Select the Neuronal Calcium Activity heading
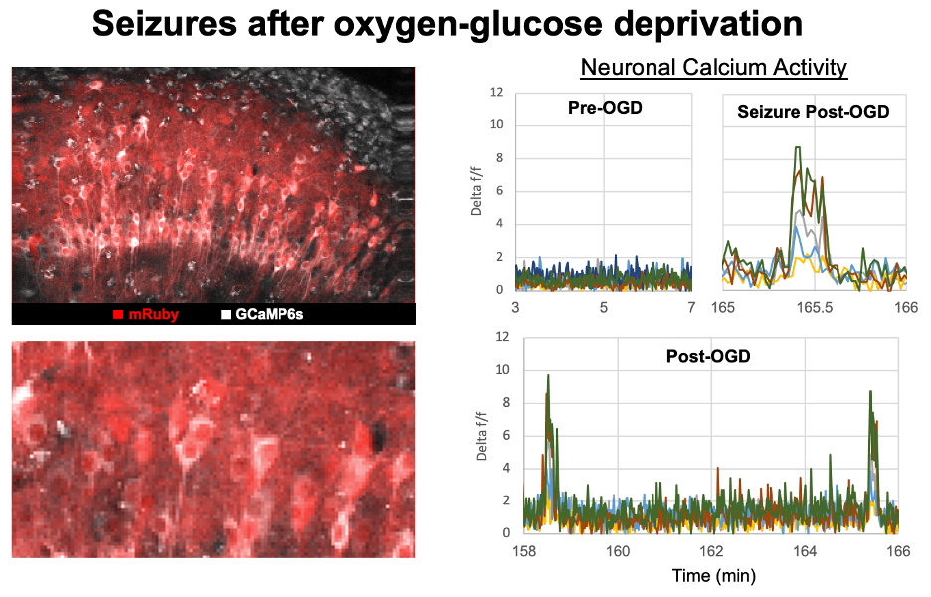(713, 68)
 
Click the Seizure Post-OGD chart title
(813, 112)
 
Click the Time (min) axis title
(712, 575)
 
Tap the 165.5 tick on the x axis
(814, 308)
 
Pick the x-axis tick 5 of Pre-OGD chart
(604, 308)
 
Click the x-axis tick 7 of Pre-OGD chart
(691, 308)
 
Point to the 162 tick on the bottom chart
(711, 550)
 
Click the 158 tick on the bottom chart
(524, 550)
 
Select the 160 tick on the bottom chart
(618, 550)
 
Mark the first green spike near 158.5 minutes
(547, 377)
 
